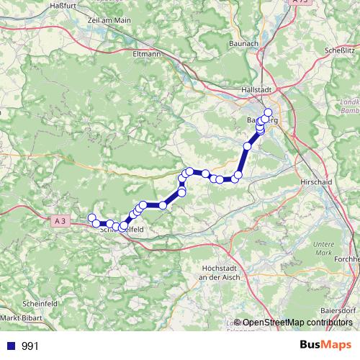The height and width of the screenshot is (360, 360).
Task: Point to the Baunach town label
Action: coord(243,45)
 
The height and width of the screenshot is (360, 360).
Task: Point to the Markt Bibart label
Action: coord(19,317)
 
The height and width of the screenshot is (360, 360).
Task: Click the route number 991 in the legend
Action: coord(30,346)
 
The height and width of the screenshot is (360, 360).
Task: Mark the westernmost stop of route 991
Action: coord(91,218)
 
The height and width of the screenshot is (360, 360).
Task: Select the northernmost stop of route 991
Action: coord(269,112)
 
